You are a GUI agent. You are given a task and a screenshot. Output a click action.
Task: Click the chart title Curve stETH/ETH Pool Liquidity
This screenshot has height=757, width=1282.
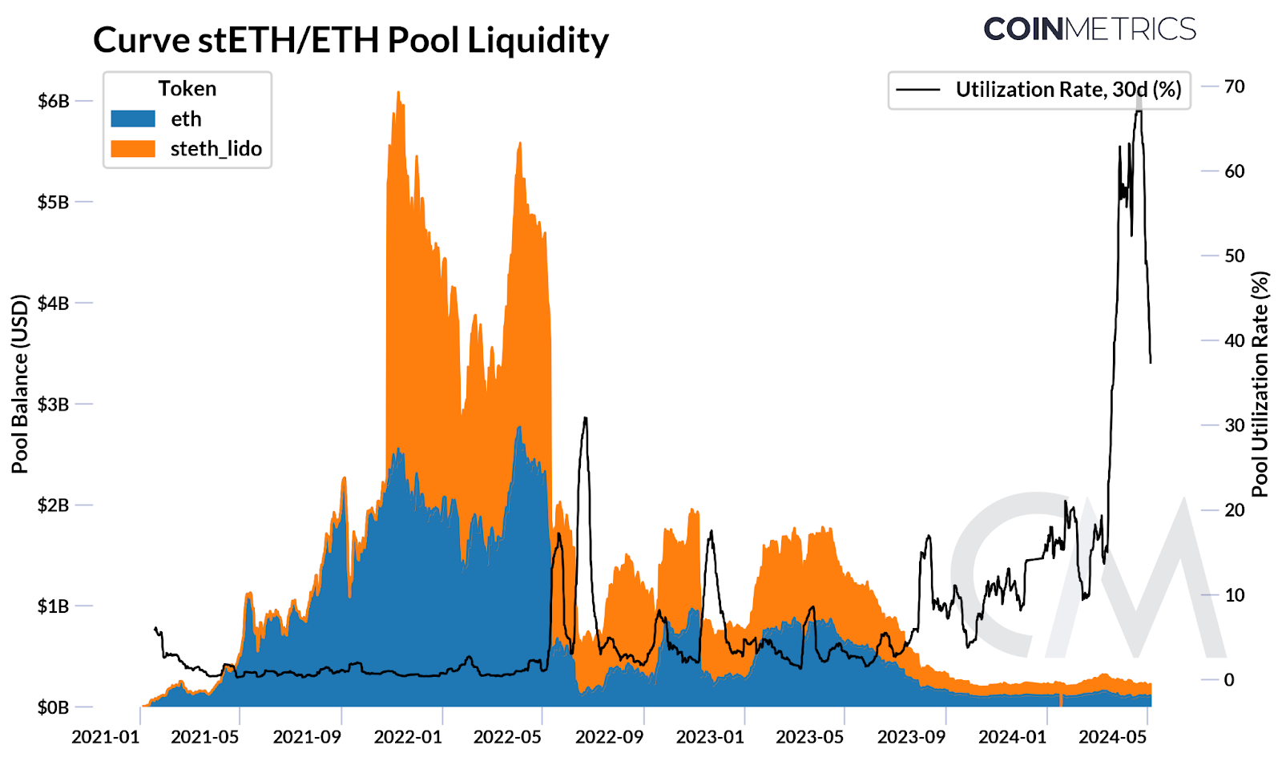(x=350, y=40)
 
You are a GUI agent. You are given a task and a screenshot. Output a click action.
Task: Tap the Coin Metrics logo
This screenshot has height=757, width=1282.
(x=1089, y=29)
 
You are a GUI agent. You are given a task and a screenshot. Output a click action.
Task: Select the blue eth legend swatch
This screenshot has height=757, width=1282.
(x=133, y=119)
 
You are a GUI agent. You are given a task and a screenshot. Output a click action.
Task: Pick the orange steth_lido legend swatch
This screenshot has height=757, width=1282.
(x=133, y=148)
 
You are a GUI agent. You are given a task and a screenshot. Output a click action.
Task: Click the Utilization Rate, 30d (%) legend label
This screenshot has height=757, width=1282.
(x=1068, y=90)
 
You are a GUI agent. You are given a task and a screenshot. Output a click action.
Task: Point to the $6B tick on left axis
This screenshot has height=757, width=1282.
(x=54, y=101)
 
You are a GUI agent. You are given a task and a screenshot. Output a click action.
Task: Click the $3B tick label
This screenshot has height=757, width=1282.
(x=54, y=404)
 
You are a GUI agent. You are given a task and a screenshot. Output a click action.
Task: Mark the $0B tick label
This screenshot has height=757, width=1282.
(x=54, y=707)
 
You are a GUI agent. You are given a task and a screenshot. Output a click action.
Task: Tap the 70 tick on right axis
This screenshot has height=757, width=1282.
(x=1234, y=87)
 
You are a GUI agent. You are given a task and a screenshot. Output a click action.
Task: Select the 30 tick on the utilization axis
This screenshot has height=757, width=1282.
(x=1234, y=425)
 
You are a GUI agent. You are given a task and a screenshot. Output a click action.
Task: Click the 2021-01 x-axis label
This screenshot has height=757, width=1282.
(x=105, y=737)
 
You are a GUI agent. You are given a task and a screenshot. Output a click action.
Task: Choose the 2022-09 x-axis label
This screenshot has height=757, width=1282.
(x=609, y=737)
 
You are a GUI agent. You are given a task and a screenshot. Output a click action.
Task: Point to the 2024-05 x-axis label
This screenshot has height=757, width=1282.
(x=1113, y=737)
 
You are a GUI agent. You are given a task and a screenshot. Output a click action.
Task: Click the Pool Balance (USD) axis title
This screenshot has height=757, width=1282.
(x=20, y=385)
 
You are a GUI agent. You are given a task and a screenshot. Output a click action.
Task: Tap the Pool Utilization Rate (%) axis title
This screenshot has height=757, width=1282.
(x=1260, y=385)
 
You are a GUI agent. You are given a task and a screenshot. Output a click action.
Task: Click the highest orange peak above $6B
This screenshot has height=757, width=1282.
(x=398, y=93)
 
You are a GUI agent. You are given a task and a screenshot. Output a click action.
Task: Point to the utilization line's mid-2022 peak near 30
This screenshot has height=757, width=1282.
(x=586, y=418)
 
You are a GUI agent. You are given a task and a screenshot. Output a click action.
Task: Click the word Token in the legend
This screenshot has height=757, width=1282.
(x=187, y=89)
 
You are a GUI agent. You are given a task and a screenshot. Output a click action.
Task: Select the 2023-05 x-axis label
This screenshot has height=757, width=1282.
(x=810, y=737)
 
